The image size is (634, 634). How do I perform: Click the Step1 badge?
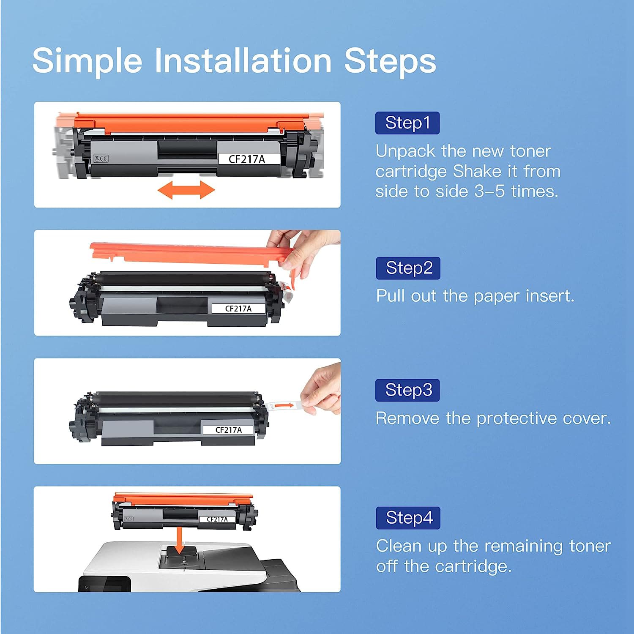click(407, 123)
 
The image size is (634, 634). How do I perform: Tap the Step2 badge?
click(408, 268)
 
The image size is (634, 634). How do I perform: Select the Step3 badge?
click(407, 390)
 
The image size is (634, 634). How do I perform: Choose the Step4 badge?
click(408, 518)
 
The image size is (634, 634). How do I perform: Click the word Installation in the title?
click(243, 60)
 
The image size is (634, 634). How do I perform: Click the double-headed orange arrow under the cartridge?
click(186, 190)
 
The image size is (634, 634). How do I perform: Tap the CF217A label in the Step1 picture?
click(249, 159)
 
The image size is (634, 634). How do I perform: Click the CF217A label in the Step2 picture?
click(238, 309)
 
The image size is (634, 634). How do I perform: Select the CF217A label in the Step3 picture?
click(228, 430)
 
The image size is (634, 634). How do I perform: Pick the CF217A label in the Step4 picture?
click(217, 519)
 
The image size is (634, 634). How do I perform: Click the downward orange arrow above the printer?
click(180, 540)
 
